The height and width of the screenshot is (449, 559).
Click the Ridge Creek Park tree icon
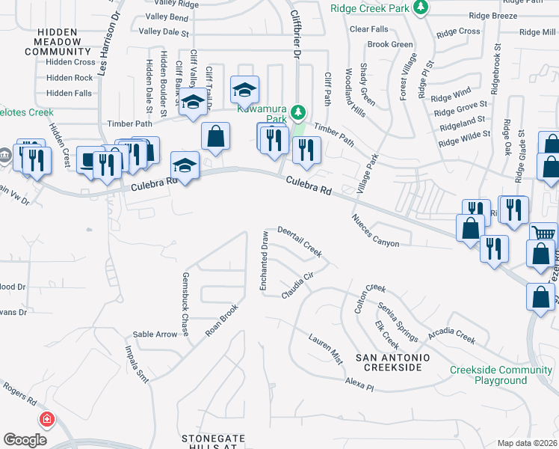pos(422,7)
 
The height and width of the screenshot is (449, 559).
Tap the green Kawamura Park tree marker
pos(298,113)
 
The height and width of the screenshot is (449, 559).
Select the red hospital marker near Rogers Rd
pos(46,420)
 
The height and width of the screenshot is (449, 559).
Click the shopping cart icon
pos(543,235)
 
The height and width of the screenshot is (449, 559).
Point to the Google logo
pos(25,440)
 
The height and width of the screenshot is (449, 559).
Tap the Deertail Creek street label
pos(300,242)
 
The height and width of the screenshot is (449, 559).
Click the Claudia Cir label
pos(296,284)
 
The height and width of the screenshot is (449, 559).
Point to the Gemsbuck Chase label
pos(185,304)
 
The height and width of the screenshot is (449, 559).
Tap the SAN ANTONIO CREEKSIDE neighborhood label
pos(392,364)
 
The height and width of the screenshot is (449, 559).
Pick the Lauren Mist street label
pos(326,349)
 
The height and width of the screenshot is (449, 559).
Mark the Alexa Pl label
pos(359,383)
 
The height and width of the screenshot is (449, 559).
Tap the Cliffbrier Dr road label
pos(295,37)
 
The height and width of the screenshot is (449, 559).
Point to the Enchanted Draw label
pos(263,262)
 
